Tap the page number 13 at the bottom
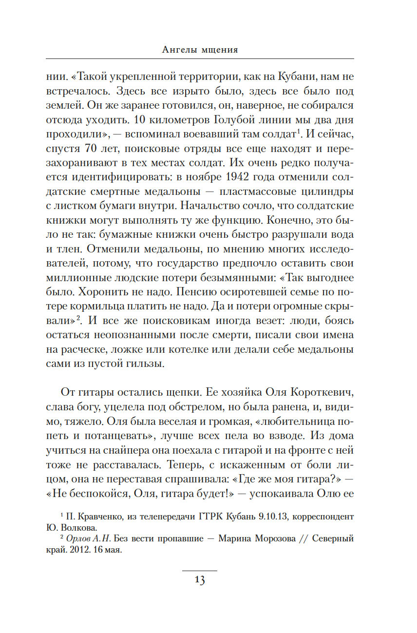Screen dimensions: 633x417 pyautogui.click(x=200, y=580)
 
